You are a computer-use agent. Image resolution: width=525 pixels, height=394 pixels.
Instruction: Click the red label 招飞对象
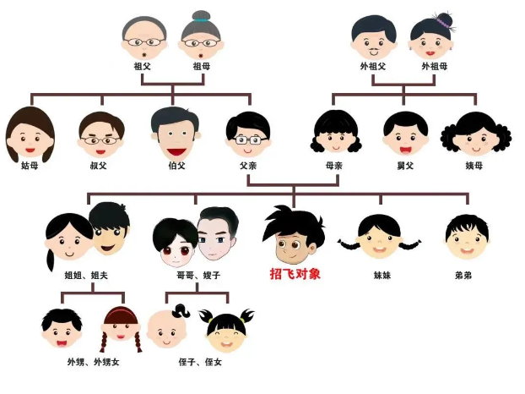[x=295, y=274]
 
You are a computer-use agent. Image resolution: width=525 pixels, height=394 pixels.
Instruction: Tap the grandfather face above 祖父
[x=144, y=38]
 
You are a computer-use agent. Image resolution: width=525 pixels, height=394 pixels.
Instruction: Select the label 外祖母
[x=434, y=66]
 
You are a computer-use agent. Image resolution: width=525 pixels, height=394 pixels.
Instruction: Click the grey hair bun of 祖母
[x=201, y=16]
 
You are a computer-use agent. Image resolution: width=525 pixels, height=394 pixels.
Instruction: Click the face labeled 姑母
[x=30, y=134]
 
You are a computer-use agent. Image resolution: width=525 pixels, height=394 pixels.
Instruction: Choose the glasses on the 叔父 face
[x=99, y=140]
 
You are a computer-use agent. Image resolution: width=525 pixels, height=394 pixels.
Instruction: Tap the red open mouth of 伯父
[x=176, y=152]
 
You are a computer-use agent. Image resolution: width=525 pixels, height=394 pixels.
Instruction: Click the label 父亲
[x=248, y=166]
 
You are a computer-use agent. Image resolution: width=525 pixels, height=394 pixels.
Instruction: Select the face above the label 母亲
[x=336, y=132]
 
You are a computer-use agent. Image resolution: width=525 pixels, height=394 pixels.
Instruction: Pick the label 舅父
[x=405, y=166]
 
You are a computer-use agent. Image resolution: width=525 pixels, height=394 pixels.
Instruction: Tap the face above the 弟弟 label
[x=467, y=237]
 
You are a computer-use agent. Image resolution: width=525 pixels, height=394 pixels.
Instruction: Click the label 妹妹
[x=382, y=276]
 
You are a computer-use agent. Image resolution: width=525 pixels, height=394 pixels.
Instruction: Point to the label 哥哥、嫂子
[x=198, y=276]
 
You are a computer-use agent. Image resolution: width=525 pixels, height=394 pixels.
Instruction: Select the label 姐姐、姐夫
[x=86, y=276]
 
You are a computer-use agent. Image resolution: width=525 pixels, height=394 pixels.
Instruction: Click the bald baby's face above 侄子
[x=167, y=329]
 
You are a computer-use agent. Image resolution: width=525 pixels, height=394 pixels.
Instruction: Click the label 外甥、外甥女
[x=93, y=362]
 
